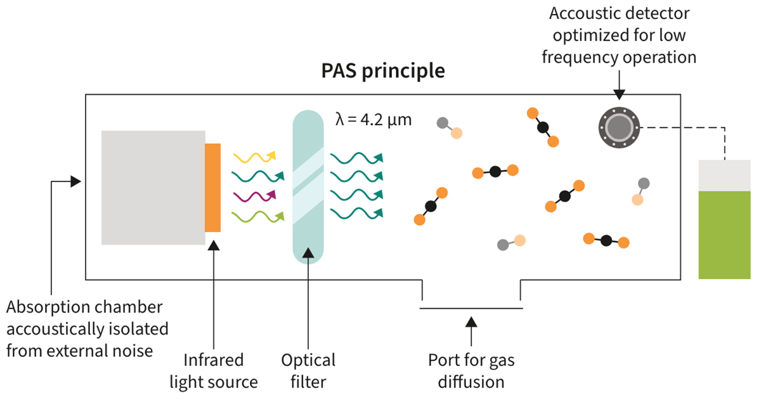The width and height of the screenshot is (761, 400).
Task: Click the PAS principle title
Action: pos(383,70)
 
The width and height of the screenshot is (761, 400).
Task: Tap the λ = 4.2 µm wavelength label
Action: pos(374,119)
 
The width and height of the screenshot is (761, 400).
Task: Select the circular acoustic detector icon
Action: pos(617,127)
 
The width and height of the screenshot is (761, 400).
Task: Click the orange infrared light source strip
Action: pos(213,188)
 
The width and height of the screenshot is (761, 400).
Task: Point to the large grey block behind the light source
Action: pos(153,188)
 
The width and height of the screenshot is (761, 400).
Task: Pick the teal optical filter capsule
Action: pos(309,188)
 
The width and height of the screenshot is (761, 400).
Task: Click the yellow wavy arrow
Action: pos(254,156)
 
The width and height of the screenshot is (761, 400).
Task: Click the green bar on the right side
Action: pos(724,235)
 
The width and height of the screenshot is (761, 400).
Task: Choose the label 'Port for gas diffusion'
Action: pos(471,371)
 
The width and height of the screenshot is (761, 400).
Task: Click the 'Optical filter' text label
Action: pos(308,371)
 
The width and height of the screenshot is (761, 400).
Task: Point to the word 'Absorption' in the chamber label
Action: pos(44,307)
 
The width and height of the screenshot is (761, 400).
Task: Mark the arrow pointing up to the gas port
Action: pos(471,330)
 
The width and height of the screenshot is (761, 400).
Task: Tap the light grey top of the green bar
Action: pos(724,175)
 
